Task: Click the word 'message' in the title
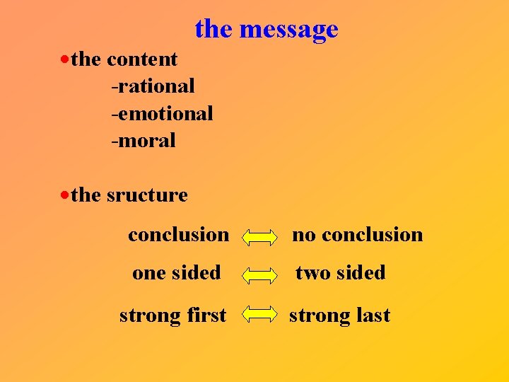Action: pos(288,30)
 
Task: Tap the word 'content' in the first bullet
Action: pos(142,59)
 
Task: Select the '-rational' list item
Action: pos(153,86)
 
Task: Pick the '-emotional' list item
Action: pos(162,113)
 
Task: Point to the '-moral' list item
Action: pos(144,140)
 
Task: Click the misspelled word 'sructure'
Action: pos(147,195)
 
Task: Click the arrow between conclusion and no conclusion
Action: pos(260,236)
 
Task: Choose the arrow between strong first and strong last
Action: pos(260,316)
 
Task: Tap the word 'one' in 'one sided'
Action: pos(148,273)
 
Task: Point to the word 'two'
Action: pos(310,273)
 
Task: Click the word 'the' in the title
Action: pos(213,30)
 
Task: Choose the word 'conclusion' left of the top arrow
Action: pos(178,235)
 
